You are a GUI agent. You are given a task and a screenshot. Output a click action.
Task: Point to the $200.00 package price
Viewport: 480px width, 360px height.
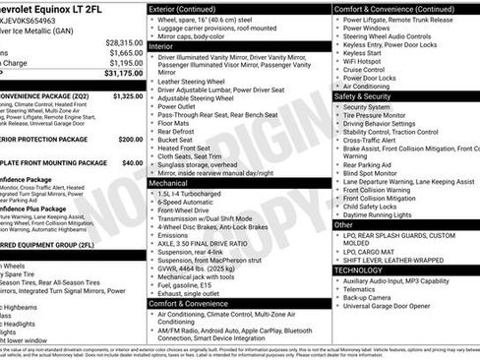(128, 139)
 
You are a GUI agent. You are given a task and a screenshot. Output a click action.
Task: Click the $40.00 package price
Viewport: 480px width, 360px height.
(130, 161)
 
